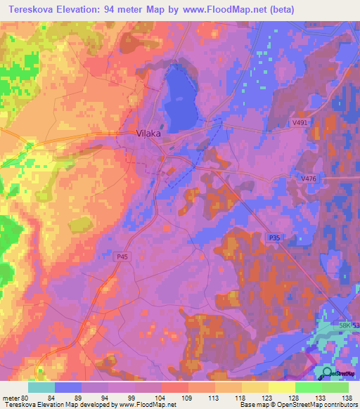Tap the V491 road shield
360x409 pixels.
point(301,123)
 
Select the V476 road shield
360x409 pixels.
point(308,179)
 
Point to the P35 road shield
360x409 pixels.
point(274,239)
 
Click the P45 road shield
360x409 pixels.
point(122,257)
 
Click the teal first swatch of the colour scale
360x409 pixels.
point(41,387)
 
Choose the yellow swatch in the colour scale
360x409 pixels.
point(282,387)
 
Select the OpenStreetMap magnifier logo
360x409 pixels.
point(328,373)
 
